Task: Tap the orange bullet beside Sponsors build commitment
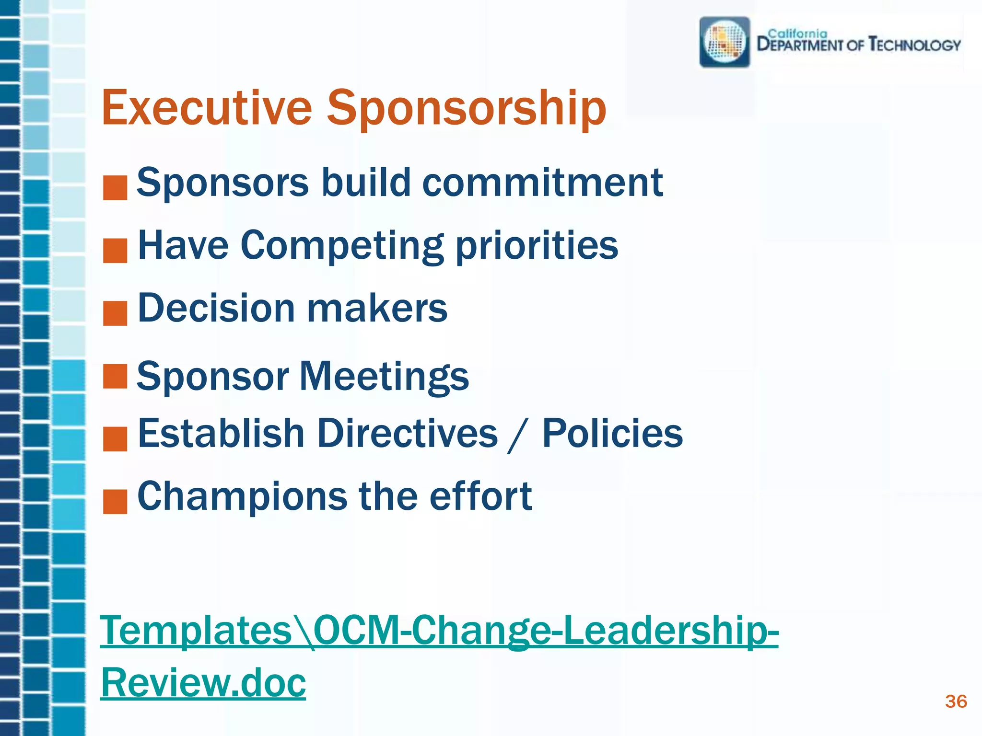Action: coord(115,187)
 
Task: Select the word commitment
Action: coord(542,183)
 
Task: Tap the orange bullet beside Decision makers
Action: coord(115,313)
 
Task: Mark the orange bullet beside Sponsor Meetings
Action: coord(115,376)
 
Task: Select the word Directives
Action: coord(408,433)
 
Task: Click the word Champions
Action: coord(242,497)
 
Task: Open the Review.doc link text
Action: coord(203,682)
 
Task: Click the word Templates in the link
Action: coord(196,631)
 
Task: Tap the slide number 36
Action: coord(956,701)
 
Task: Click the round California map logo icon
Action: coord(725,42)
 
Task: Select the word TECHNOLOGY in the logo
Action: coord(915,45)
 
